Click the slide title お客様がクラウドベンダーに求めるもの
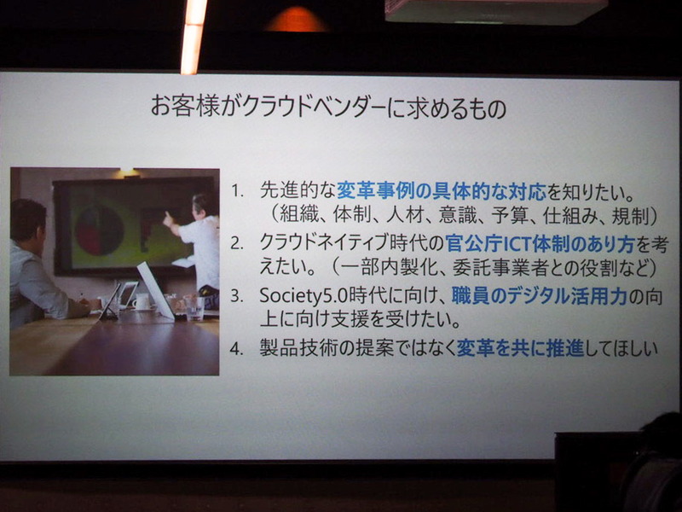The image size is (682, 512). coord(327,108)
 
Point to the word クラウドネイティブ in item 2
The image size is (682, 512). coord(328,243)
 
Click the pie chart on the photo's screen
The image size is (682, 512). coord(99,229)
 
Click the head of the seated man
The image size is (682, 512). coord(27,220)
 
